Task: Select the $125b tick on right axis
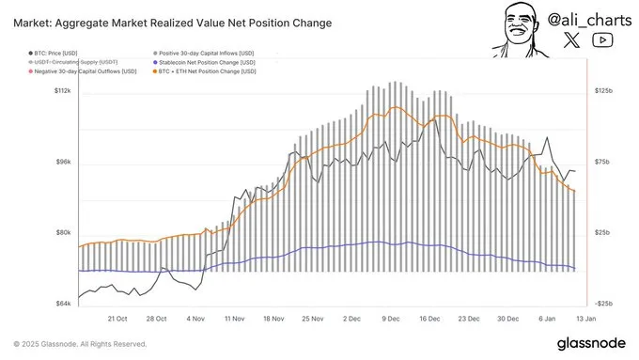[x=601, y=91]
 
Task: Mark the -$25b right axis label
[x=601, y=304]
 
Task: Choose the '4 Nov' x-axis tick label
[x=195, y=319]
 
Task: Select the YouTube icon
[x=603, y=39]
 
